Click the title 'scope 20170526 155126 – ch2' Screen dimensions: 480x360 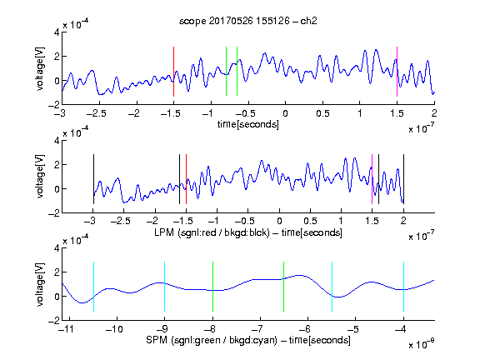pyautogui.click(x=248, y=21)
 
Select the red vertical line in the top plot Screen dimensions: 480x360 pyautogui.click(x=173, y=72)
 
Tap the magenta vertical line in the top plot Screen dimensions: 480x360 pyautogui.click(x=397, y=72)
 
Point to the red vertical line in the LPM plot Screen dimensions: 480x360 pyautogui.click(x=186, y=179)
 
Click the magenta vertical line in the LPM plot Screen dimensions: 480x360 pyautogui.click(x=372, y=179)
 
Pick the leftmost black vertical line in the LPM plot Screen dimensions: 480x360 pyautogui.click(x=93, y=179)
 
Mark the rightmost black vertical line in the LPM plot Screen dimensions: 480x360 pyautogui.click(x=403, y=179)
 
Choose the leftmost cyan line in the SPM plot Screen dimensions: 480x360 pyautogui.click(x=93, y=287)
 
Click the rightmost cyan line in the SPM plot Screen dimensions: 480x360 pyautogui.click(x=403, y=287)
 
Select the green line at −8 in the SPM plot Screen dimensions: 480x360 pyautogui.click(x=212, y=287)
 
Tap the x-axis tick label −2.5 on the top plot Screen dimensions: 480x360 pyautogui.click(x=96, y=113)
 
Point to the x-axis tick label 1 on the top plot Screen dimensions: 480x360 pyautogui.click(x=360, y=113)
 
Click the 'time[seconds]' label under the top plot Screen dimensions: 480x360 pyautogui.click(x=248, y=124)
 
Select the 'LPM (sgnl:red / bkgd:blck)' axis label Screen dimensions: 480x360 pyautogui.click(x=212, y=232)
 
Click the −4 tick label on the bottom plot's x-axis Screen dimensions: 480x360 pyautogui.click(x=400, y=329)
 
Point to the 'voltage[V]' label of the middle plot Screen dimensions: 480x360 pyautogui.click(x=40, y=177)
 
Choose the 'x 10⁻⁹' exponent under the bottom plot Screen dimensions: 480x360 pyautogui.click(x=421, y=344)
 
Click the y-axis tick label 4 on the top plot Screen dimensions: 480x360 pyautogui.click(x=57, y=32)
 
